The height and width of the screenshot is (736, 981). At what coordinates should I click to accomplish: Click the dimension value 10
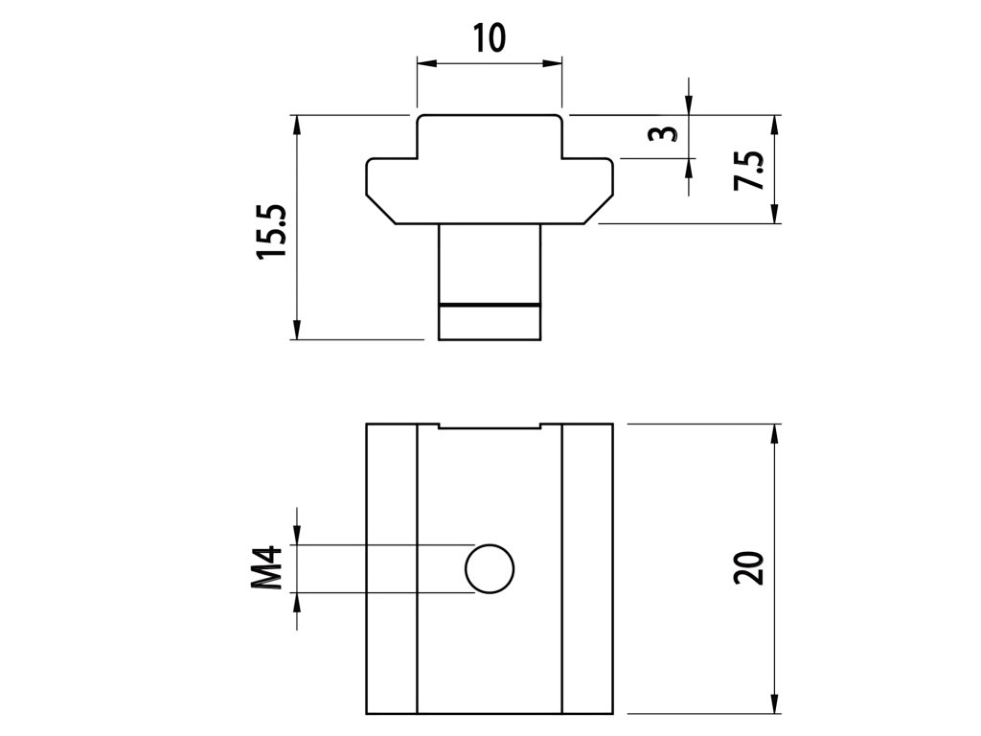489,39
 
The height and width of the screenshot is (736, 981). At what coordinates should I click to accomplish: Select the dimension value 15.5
271,230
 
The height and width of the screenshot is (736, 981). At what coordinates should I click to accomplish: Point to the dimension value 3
657,133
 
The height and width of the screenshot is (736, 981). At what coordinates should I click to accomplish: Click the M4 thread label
271,567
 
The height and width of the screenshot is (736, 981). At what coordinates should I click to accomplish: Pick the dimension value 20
749,568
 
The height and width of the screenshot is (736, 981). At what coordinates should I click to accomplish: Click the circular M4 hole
490,569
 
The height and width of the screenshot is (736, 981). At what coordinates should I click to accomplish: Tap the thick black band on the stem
490,305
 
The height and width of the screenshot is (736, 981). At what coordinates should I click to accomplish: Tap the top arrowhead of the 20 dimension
775,432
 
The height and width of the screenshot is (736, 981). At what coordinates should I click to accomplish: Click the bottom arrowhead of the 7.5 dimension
775,217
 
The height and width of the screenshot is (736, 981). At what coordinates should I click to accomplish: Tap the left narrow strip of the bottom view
392,568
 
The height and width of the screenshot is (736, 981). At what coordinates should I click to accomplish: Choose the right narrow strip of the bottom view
587,568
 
